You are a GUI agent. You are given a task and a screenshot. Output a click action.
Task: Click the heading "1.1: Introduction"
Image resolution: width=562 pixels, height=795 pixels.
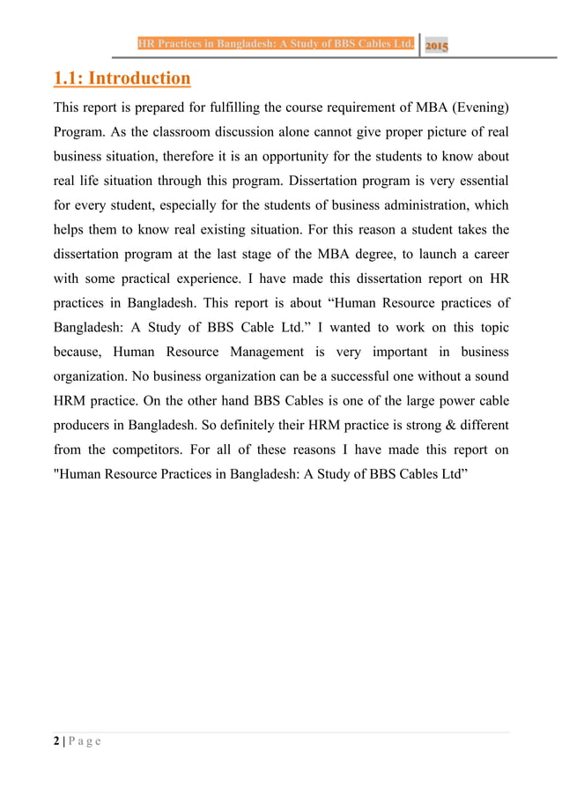coord(122,79)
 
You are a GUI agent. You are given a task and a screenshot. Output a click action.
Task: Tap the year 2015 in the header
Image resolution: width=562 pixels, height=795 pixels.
coord(436,46)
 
